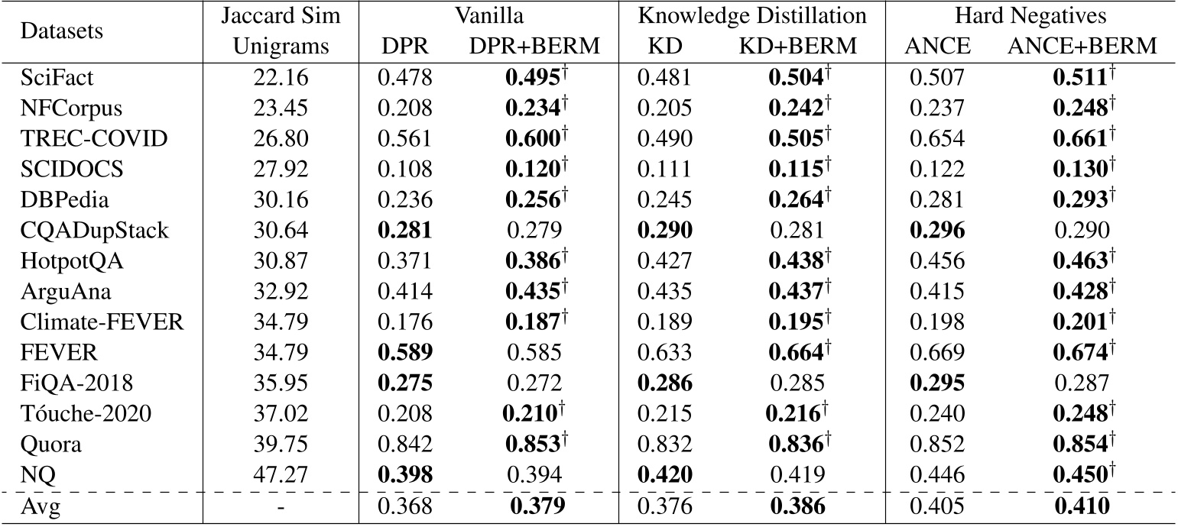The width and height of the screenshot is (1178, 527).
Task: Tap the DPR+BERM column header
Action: coord(534,47)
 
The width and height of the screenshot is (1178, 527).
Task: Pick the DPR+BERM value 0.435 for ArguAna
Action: coord(530,291)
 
